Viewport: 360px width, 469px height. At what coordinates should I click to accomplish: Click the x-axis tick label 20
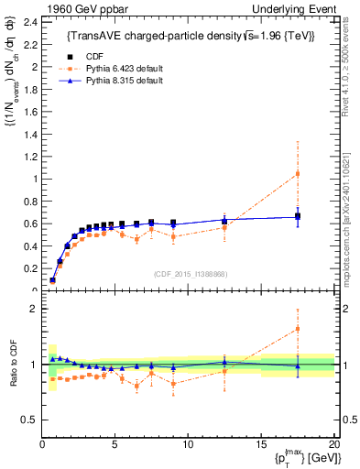[333, 444]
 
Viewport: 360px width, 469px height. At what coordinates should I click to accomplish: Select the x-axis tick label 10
[188, 444]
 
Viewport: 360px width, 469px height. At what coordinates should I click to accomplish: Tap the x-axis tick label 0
[42, 444]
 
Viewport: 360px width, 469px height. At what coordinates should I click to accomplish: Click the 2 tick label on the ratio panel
[33, 309]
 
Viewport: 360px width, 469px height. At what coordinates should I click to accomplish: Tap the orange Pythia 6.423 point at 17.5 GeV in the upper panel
[297, 173]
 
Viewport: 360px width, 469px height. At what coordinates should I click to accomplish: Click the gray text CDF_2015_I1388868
[189, 274]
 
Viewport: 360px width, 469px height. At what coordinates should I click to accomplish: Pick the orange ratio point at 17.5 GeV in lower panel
[297, 329]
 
